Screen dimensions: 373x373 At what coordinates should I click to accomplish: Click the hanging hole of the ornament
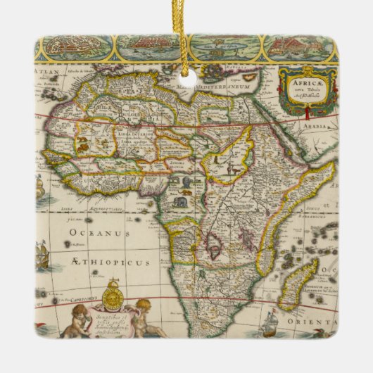[187, 80]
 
